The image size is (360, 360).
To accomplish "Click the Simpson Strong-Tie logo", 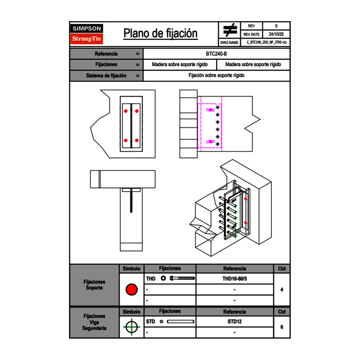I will [x=87, y=34].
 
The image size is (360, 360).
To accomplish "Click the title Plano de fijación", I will [x=160, y=34].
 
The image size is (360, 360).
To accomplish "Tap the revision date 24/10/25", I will [x=276, y=34].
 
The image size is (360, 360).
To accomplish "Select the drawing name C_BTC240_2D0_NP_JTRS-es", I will [x=266, y=42].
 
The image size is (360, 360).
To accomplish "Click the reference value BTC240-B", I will [x=216, y=54].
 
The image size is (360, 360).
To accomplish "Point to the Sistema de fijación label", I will [x=106, y=76].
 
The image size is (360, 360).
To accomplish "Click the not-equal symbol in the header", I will [x=230, y=30].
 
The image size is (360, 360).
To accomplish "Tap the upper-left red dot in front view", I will [x=126, y=111].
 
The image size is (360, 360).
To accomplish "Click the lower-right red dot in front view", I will [x=137, y=141].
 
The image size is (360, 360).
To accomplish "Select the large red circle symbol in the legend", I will [x=131, y=290].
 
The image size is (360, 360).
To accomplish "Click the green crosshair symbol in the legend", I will [x=131, y=327].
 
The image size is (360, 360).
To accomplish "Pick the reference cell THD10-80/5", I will [x=234, y=279].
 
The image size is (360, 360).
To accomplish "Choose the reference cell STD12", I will [x=234, y=322].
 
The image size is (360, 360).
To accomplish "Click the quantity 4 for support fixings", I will [x=282, y=290].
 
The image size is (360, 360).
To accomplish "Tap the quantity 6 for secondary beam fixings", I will [x=282, y=327].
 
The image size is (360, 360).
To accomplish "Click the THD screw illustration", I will [x=182, y=279].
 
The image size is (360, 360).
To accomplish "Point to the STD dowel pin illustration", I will [x=180, y=322].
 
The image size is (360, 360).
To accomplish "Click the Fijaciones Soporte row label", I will [x=94, y=285].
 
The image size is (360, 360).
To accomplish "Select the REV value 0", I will [x=276, y=26].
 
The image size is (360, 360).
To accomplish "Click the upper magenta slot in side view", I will [x=211, y=110].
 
